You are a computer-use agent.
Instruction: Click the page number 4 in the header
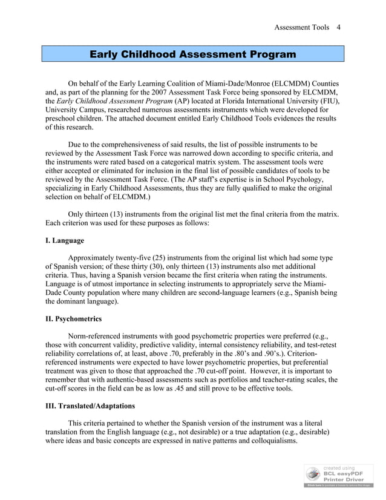click(339, 27)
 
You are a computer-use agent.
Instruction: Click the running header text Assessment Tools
click(301, 27)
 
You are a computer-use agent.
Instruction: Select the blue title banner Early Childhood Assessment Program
click(192, 55)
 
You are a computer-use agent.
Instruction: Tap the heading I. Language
click(65, 240)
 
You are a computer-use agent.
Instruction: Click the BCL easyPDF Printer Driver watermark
click(339, 475)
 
